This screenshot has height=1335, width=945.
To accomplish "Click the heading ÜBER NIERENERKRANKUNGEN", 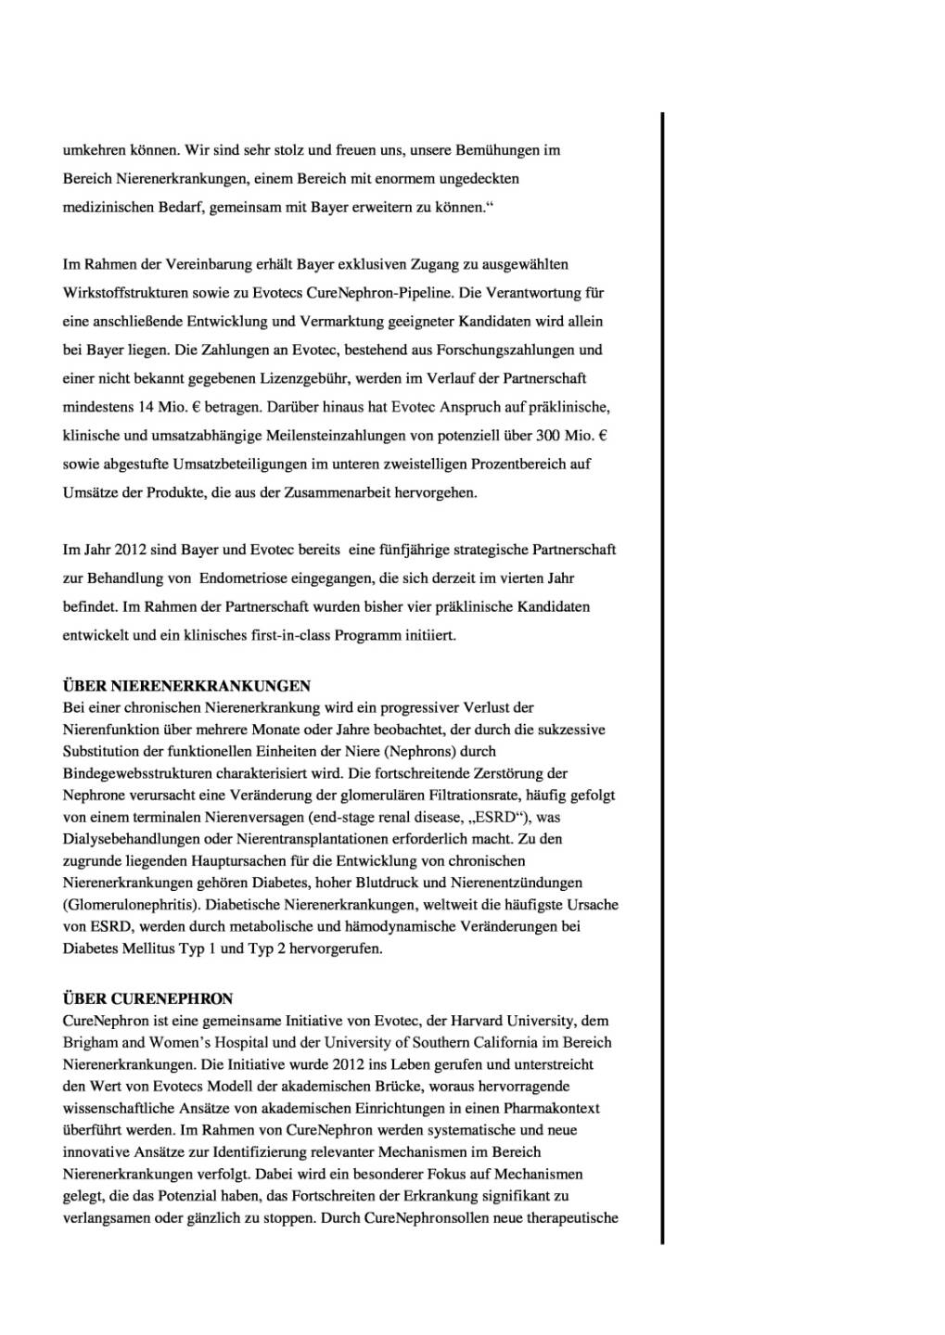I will pos(186,686).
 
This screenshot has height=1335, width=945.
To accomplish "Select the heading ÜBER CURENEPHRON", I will pos(147,998).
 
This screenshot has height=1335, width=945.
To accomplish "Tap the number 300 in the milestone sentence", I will pos(547,435).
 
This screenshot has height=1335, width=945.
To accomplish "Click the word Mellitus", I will pos(147,948).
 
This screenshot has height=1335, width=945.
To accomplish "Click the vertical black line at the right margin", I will pos(662,677).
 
